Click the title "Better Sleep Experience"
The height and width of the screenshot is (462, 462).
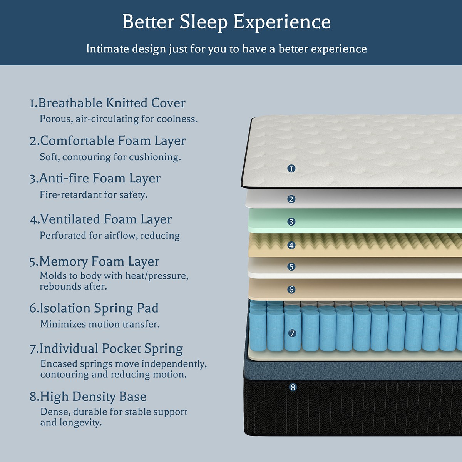click(x=226, y=22)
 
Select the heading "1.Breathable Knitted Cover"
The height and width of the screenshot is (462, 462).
click(x=107, y=103)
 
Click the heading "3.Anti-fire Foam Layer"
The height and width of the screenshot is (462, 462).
click(x=95, y=179)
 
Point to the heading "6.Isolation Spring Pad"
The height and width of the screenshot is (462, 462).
click(x=94, y=308)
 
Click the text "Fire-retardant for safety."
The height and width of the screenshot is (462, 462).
click(x=94, y=194)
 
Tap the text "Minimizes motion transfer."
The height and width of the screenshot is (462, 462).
click(x=100, y=324)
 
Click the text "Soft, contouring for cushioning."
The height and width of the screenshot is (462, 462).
click(x=110, y=157)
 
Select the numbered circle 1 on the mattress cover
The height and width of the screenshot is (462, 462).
click(x=291, y=169)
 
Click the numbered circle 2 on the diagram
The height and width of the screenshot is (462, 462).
click(x=291, y=199)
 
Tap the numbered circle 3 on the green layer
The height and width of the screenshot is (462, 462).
click(x=291, y=222)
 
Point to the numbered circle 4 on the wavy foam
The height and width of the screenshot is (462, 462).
click(x=291, y=245)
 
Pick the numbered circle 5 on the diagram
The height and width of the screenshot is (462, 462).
click(x=291, y=266)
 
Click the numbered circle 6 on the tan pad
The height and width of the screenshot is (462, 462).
click(x=291, y=290)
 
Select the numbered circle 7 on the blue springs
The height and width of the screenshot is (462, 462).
click(x=292, y=333)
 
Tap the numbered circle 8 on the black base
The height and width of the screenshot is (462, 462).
click(x=293, y=387)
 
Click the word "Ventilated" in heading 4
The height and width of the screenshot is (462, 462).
click(x=70, y=219)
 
